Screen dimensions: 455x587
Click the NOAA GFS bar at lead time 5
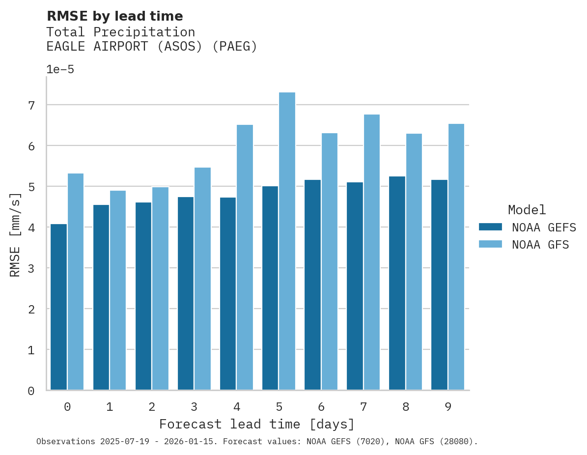(x=287, y=241)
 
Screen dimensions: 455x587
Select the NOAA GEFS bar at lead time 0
(x=58, y=307)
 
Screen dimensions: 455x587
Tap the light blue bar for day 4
(x=245, y=257)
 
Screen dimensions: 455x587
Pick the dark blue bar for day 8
(x=397, y=283)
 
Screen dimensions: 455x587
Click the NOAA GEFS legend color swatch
(x=490, y=227)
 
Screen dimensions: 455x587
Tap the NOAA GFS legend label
(x=540, y=245)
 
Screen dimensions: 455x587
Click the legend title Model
(x=527, y=210)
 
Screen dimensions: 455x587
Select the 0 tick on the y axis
(x=31, y=391)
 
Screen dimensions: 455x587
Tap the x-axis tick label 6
(x=321, y=407)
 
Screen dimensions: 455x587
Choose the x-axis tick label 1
(x=110, y=407)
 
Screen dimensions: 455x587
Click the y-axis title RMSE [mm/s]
(x=15, y=234)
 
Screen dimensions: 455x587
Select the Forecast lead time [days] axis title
(x=256, y=424)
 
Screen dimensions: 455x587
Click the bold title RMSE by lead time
(x=114, y=16)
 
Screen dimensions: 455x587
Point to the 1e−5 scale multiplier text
(x=60, y=69)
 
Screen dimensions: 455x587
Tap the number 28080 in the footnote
(x=456, y=442)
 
